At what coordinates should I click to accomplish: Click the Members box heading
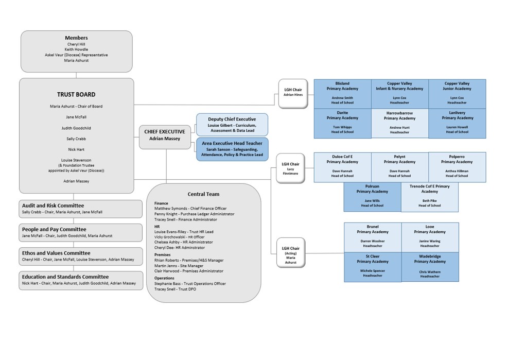[x=76, y=38]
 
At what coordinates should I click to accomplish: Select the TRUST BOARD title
[x=76, y=94]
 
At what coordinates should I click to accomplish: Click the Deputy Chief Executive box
[x=232, y=125]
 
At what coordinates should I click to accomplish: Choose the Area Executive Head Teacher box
[x=232, y=149]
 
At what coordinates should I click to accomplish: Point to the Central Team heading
[x=203, y=194]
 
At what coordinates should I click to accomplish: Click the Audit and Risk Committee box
[x=81, y=209]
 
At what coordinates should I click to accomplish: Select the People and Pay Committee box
[x=81, y=232]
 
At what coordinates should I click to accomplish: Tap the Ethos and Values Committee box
[x=81, y=256]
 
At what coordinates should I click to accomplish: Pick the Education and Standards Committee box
[x=81, y=280]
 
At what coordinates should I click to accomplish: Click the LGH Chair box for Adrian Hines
[x=293, y=93]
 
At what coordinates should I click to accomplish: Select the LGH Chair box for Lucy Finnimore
[x=290, y=167]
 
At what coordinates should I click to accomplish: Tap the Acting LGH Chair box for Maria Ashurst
[x=291, y=252]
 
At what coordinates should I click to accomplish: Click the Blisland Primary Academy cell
[x=342, y=93]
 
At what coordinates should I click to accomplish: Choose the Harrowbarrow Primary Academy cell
[x=399, y=123]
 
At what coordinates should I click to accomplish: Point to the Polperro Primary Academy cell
[x=457, y=166]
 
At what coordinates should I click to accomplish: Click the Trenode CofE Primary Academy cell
[x=429, y=196]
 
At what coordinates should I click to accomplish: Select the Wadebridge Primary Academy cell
[x=430, y=266]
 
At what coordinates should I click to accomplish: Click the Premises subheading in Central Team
[x=163, y=254]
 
